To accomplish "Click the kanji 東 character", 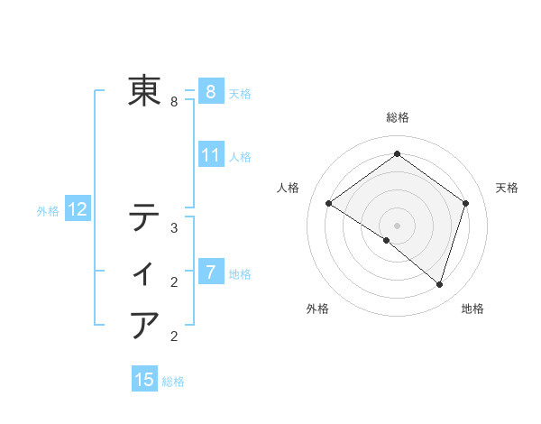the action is (144, 90).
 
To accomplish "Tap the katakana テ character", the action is (144, 218).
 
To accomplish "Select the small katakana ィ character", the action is (145, 272).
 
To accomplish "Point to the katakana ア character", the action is (144, 324).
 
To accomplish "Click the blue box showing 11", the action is (210, 155).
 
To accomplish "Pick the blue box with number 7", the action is (210, 272).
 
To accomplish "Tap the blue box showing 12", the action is (78, 210).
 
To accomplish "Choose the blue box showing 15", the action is (144, 380).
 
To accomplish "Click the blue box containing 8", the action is (210, 91).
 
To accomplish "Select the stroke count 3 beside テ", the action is (174, 229).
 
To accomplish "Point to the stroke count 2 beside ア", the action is (174, 337).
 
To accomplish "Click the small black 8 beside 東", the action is (174, 102).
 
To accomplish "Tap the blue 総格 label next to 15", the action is (173, 382).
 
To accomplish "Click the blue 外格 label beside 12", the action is (48, 211).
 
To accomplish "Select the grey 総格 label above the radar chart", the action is (397, 117).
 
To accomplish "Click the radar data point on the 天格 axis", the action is (465, 203).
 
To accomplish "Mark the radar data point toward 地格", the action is (439, 284).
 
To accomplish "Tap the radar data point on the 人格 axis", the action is (328, 203).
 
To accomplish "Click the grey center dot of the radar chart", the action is (397, 225).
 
